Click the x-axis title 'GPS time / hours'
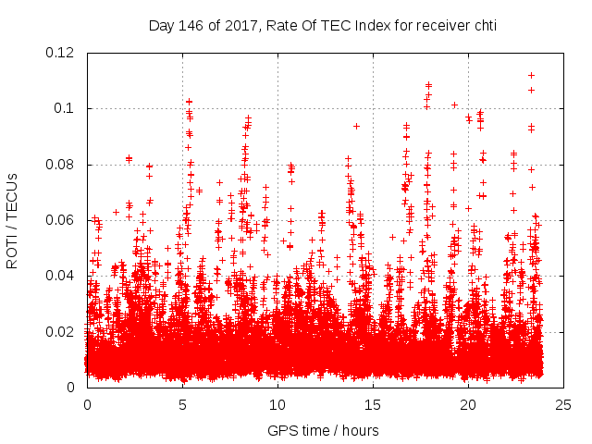324,430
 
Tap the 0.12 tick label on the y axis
63,53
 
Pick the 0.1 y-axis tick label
67,108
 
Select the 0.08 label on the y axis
63,165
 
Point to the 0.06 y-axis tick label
63,220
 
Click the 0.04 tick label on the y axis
63,276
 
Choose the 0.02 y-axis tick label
63,331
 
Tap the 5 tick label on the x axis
182,404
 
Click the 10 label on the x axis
277,404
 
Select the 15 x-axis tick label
373,404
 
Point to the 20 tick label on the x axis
468,404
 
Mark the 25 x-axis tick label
563,404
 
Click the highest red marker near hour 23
531,75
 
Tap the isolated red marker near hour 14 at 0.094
356,126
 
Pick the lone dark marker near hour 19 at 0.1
454,105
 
